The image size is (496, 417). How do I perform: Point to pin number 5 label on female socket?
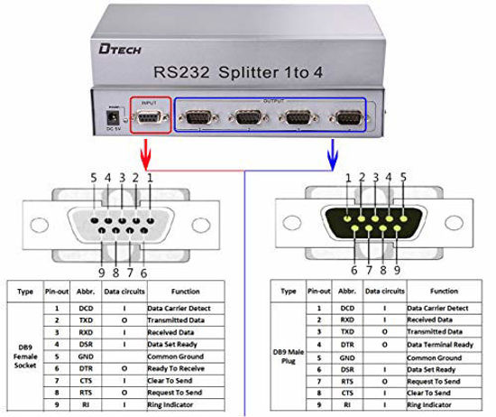pos(93,178)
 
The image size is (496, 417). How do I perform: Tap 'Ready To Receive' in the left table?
pos(177,368)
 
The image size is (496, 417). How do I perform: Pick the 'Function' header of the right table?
pos(444,292)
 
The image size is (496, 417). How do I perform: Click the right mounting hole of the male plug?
pos(469,223)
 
